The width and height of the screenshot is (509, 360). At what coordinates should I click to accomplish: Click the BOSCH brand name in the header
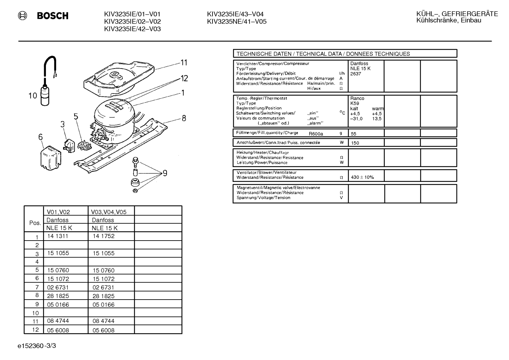pos(53,16)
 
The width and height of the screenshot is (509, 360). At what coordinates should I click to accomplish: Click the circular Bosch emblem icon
pos(22,16)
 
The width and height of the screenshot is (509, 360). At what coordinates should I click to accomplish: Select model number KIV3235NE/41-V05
pos(236,22)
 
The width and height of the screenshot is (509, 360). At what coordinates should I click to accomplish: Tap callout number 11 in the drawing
pos(184,63)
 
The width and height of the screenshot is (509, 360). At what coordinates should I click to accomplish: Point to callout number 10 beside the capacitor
pos(33,96)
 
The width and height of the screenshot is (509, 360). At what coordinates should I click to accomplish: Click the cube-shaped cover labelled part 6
pos(50,158)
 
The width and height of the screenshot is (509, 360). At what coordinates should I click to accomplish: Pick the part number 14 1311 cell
pos(58,236)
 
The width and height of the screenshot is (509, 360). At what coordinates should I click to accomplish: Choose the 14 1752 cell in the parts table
pos(103,236)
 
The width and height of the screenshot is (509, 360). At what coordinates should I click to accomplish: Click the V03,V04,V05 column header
pos(109,212)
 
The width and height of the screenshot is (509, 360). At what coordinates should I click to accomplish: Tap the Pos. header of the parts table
pos(35,223)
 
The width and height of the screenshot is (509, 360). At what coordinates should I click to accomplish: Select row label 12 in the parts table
pos(35,330)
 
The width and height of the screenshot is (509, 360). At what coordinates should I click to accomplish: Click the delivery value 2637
pos(355,74)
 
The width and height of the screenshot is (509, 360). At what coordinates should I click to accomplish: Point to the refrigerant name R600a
pos(316,134)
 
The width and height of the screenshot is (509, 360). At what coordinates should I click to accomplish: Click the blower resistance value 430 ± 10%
pos(362,177)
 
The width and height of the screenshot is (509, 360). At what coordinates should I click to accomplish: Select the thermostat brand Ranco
pos(357,98)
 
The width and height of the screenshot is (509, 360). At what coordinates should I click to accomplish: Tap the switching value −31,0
pos(356,118)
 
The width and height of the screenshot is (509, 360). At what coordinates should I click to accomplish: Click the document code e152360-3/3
pos(37,346)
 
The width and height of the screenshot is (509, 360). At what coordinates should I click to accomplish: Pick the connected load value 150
pos(355,143)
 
